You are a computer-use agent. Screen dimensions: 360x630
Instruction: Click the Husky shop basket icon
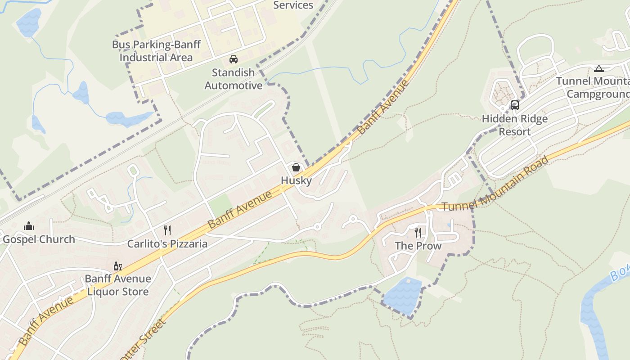(296, 167)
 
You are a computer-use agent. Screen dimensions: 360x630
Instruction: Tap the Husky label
(296, 180)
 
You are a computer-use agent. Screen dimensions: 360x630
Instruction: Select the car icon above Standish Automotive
(234, 59)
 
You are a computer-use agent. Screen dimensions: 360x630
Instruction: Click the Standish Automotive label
(234, 79)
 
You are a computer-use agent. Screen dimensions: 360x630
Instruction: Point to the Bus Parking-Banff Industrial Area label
(156, 51)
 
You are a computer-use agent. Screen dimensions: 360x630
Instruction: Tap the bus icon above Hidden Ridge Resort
(515, 105)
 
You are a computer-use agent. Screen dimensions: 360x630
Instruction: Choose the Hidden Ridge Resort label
(515, 125)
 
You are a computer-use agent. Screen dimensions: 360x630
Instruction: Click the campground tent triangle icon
(598, 68)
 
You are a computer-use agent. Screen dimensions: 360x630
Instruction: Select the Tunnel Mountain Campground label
(593, 88)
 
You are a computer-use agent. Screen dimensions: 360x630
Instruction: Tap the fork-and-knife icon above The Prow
(418, 232)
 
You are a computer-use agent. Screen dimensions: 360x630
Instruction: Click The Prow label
(418, 246)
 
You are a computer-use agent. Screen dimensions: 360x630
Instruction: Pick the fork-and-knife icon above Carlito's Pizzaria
(167, 230)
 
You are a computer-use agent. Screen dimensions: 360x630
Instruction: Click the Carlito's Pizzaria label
(167, 244)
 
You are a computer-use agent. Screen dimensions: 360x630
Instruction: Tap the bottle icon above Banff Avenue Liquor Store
(118, 266)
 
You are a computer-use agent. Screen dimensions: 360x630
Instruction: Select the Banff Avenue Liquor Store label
(118, 285)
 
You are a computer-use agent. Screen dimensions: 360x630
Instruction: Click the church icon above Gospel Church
(29, 225)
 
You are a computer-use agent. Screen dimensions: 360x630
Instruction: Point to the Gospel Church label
(39, 239)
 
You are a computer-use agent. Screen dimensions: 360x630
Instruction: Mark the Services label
(293, 5)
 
